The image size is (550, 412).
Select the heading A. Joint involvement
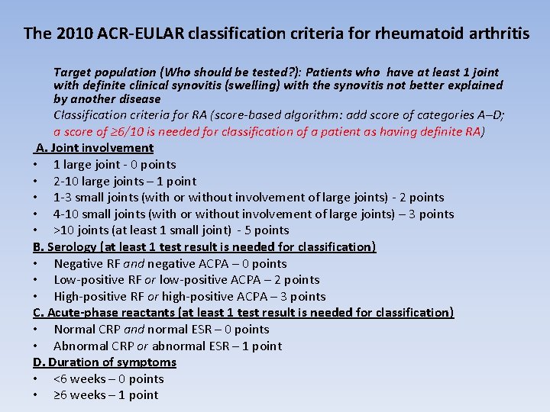point(95,148)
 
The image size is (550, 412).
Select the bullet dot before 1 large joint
point(36,165)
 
